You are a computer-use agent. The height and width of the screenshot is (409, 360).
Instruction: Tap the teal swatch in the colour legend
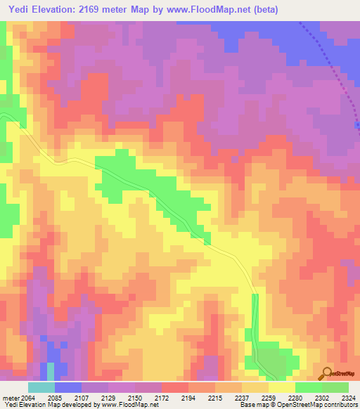(x=41, y=387)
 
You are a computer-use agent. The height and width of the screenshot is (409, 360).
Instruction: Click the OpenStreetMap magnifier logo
(x=327, y=372)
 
